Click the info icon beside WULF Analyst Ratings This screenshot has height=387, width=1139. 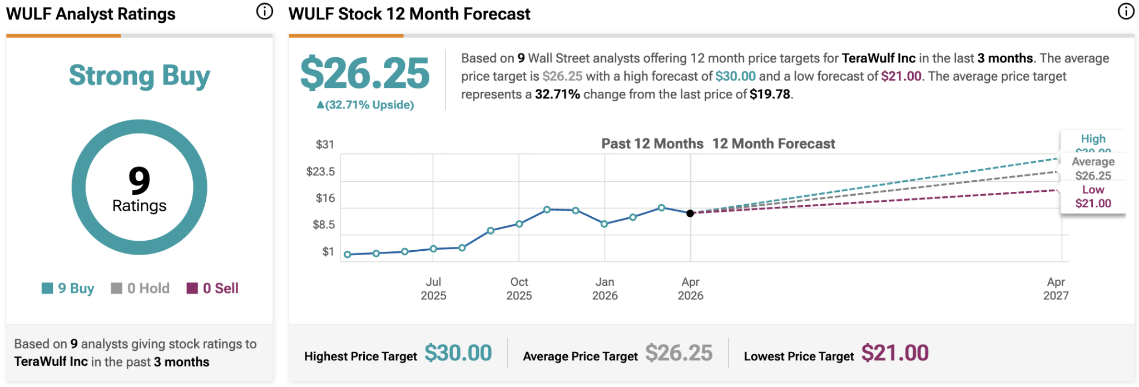click(265, 11)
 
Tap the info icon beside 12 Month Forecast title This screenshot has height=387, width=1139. click(1126, 11)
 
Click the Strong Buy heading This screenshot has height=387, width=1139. click(140, 76)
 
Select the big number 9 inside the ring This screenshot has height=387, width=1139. click(139, 180)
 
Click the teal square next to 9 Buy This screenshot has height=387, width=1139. click(47, 288)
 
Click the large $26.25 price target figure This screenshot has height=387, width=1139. click(365, 73)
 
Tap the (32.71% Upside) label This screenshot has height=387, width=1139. click(365, 105)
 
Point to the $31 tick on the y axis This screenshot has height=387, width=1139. click(325, 145)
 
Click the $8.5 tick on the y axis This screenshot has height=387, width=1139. click(324, 225)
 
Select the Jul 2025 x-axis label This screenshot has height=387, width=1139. click(433, 289)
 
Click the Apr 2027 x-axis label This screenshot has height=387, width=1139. click(1056, 289)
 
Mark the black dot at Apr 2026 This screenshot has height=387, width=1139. click(690, 213)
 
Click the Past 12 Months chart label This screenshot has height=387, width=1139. click(652, 143)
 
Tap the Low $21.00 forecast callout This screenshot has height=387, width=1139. click(1093, 196)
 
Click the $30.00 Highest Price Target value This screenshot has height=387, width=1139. click(458, 353)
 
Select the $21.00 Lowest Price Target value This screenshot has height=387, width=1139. click(895, 353)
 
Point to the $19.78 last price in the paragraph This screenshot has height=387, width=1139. click(770, 94)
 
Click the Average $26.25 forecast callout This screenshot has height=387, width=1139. click(1093, 168)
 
